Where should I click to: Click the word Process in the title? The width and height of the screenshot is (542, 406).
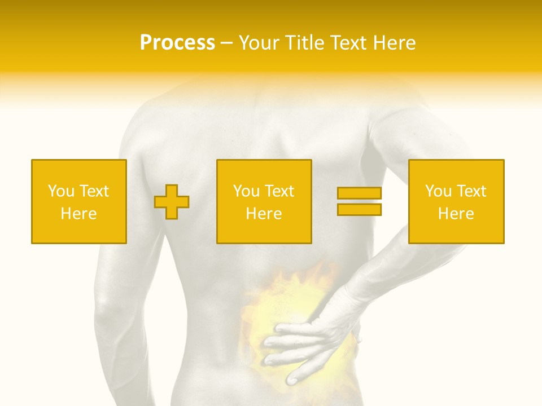177,43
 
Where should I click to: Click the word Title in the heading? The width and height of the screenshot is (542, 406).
303,43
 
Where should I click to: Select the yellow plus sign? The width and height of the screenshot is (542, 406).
172,201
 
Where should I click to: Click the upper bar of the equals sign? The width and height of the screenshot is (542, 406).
359,193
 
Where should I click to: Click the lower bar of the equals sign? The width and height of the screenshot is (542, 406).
359,210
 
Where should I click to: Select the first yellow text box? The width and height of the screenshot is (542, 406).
78,201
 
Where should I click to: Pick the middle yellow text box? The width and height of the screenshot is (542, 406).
264,201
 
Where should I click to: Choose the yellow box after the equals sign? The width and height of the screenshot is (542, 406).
456,201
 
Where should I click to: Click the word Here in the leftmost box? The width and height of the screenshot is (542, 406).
78,214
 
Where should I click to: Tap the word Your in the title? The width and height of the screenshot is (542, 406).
260,43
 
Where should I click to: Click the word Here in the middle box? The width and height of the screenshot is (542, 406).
264,214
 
